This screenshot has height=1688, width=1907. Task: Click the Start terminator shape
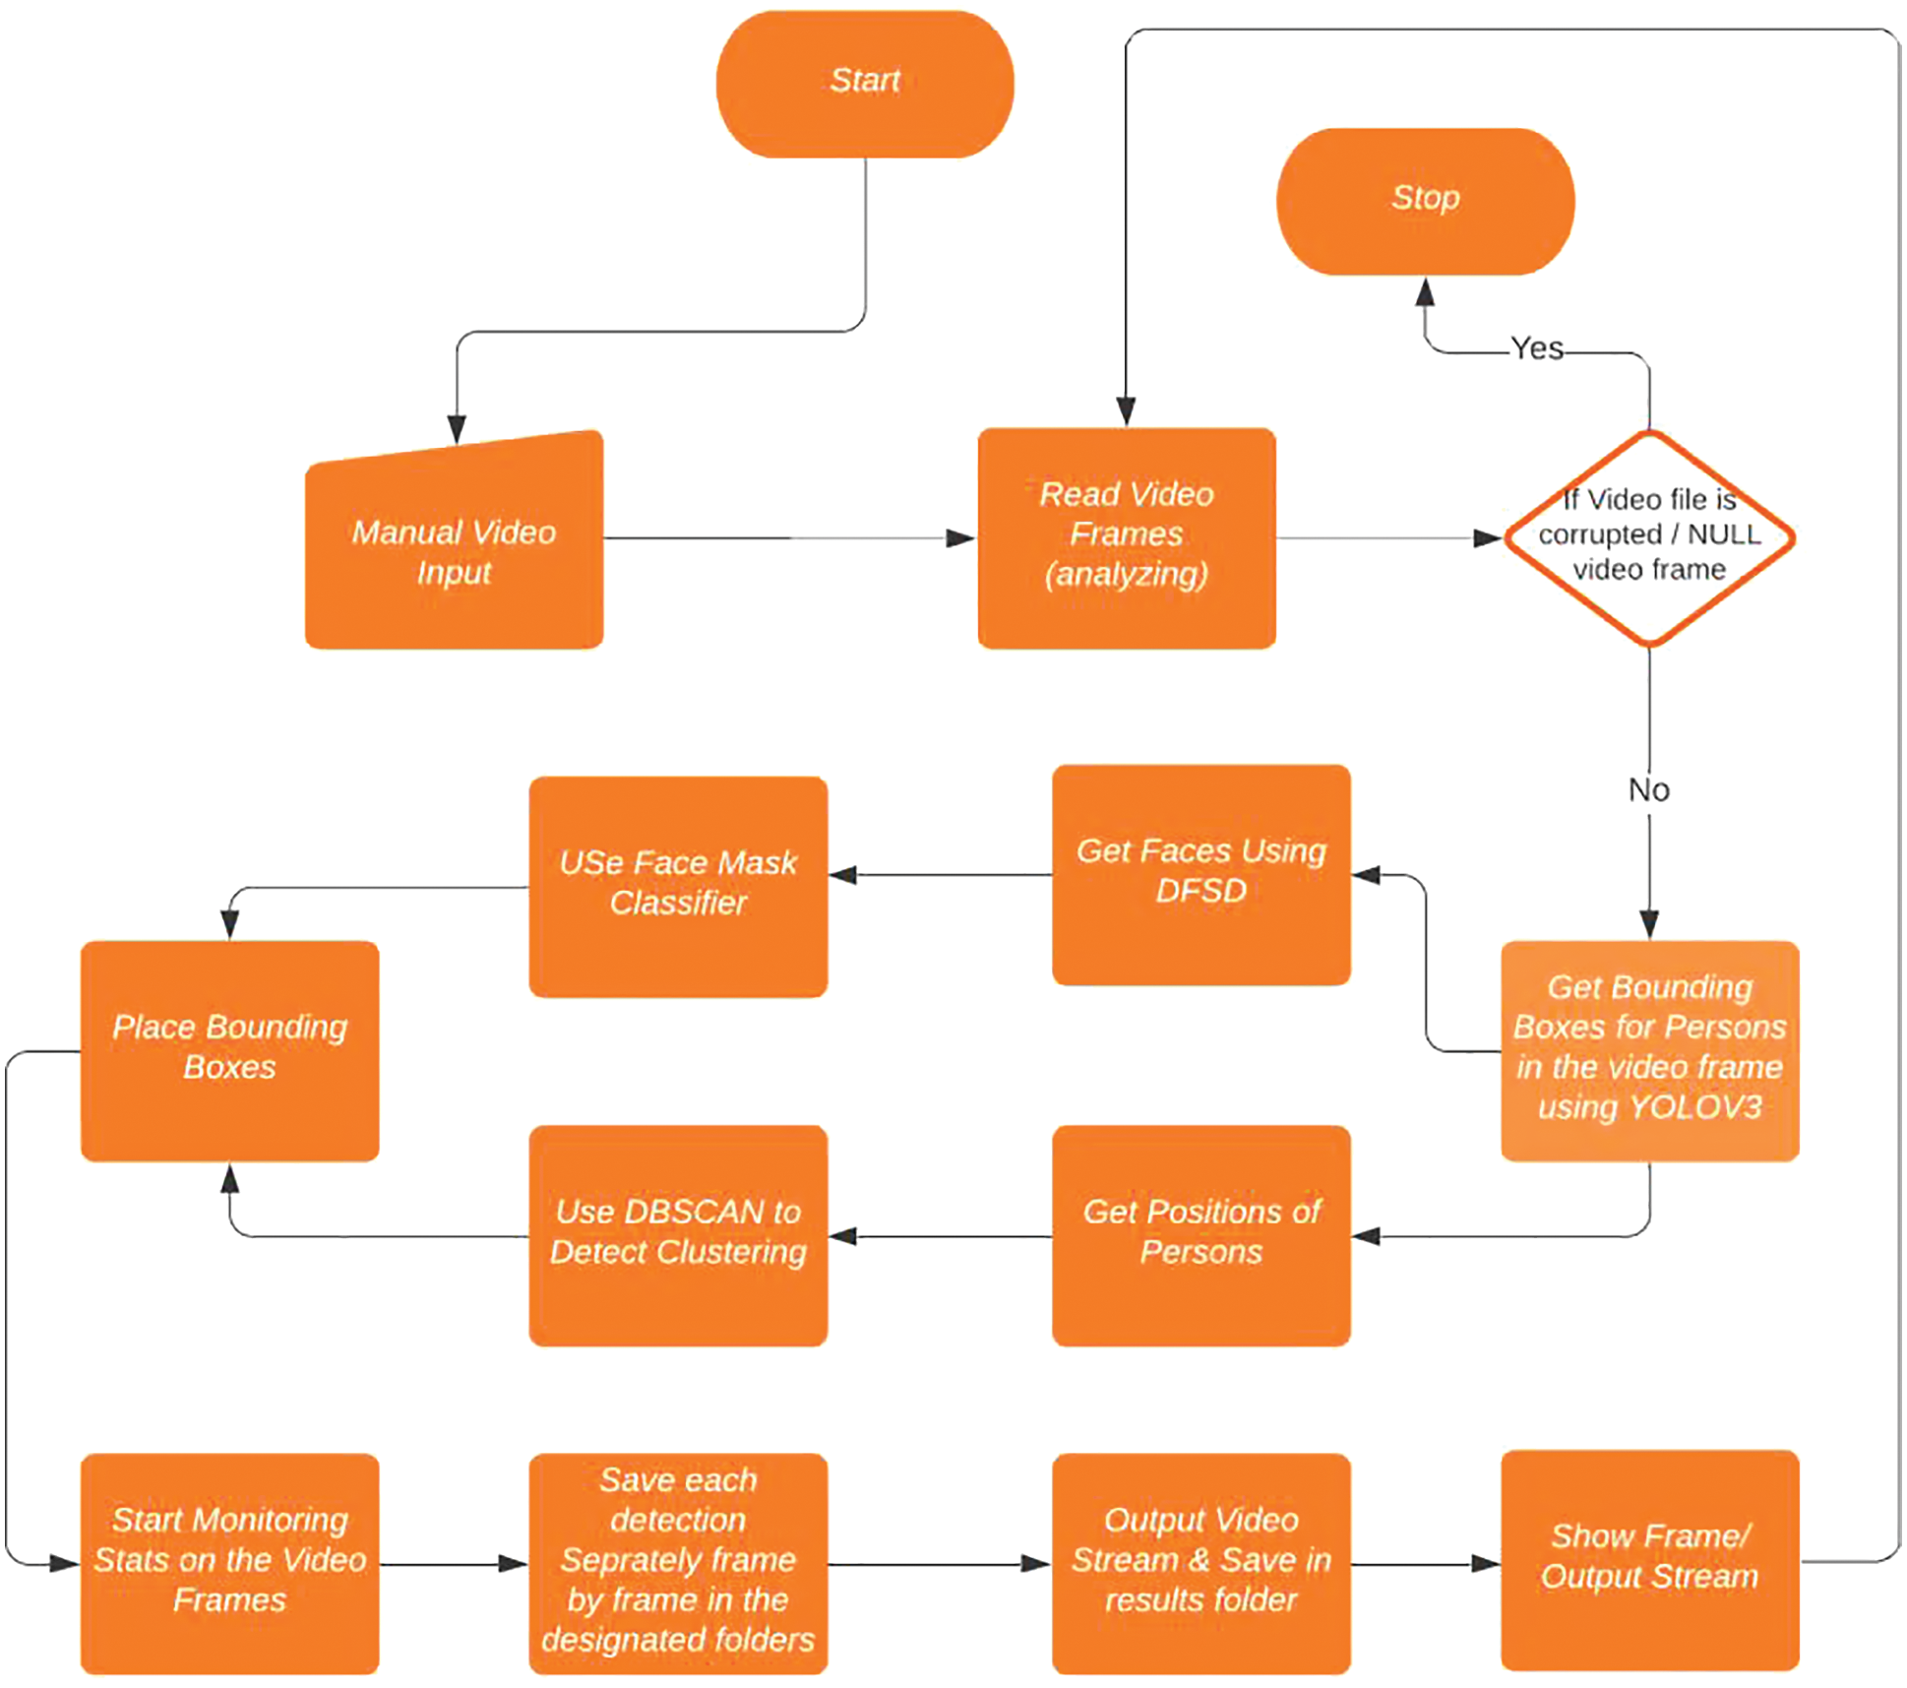click(x=864, y=84)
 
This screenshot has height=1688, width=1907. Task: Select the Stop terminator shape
click(x=1425, y=201)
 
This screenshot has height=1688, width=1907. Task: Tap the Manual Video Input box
click(x=454, y=551)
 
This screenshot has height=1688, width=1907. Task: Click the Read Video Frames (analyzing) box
click(x=1126, y=537)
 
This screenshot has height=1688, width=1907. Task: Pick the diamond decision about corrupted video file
click(x=1649, y=537)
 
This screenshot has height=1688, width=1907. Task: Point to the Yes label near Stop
click(x=1537, y=348)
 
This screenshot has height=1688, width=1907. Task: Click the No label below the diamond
click(x=1649, y=789)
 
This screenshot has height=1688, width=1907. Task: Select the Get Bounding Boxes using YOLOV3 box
click(x=1649, y=1050)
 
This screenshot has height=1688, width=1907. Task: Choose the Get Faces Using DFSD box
click(x=1200, y=874)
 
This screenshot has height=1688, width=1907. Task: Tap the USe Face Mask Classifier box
click(x=678, y=886)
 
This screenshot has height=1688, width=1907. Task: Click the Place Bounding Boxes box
click(x=229, y=1050)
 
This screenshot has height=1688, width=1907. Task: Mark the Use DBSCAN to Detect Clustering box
click(x=678, y=1234)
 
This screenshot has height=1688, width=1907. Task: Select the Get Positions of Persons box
click(x=1200, y=1234)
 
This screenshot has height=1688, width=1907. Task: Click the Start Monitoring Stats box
click(x=229, y=1562)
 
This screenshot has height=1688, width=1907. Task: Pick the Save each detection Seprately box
click(x=678, y=1562)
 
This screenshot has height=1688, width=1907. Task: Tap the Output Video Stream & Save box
click(x=1200, y=1562)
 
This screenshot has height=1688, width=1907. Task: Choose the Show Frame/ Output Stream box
click(x=1649, y=1558)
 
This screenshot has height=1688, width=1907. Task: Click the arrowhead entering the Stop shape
click(x=1425, y=292)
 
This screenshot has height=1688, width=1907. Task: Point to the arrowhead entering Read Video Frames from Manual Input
click(x=959, y=537)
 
